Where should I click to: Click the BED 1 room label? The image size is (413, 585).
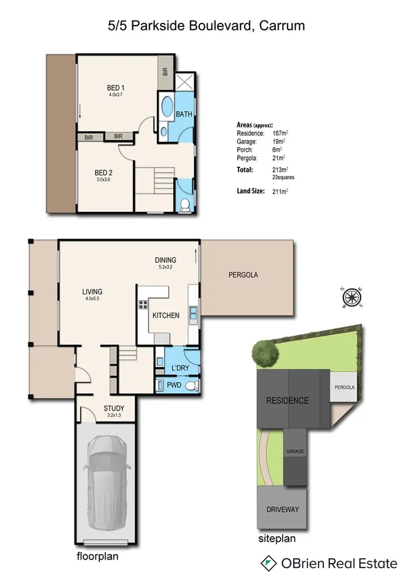coord(115,88)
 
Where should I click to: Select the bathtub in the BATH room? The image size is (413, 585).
coord(167,108)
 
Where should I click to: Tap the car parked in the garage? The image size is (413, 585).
coord(105,484)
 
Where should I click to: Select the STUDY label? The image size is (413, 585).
coord(114,408)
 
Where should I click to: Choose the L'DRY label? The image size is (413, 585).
coord(181,368)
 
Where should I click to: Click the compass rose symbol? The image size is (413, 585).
coord(352,297)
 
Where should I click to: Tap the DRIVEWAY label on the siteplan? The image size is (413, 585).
coord(283,510)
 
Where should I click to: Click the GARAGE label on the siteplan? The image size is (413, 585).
coord(295,451)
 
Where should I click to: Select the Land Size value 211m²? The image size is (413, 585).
coord(279,190)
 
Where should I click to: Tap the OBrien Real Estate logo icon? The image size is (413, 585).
coord(268,564)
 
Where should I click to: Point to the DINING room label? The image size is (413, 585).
coord(165,260)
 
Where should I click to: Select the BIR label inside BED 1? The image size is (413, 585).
coord(165,71)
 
